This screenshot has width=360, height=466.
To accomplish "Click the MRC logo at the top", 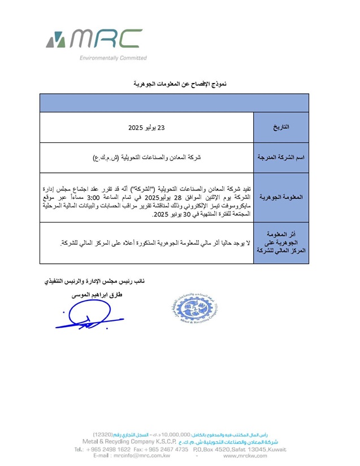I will click(94, 39).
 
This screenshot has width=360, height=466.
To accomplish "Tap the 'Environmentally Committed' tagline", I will click(113, 58).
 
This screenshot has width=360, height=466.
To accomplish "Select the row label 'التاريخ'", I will click(281, 128).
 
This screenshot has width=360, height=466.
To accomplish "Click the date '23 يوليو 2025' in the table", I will click(146, 128).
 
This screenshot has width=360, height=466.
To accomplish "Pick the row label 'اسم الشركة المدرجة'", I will click(281, 158).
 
